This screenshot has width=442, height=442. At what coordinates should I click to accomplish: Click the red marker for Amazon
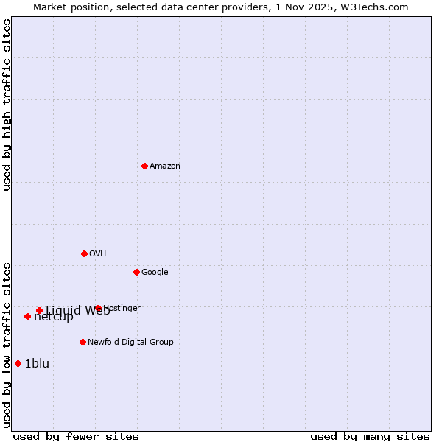click(x=144, y=166)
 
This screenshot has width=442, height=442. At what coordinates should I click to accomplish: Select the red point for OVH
click(x=84, y=253)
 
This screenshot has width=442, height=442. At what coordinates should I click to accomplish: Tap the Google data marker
click(x=136, y=272)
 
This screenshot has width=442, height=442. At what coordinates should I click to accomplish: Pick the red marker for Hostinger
click(x=98, y=308)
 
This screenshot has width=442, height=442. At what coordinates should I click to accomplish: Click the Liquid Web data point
click(x=39, y=310)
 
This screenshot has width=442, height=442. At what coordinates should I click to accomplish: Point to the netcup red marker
click(x=27, y=316)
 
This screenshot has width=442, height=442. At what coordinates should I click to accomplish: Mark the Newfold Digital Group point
click(x=83, y=342)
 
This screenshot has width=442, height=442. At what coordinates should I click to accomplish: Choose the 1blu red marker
click(x=18, y=363)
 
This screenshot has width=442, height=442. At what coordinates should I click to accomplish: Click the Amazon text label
click(x=165, y=166)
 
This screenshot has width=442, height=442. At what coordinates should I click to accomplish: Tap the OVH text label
click(x=98, y=254)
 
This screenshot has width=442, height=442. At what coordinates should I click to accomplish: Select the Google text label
click(x=155, y=273)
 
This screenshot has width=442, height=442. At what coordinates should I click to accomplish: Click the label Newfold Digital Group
click(x=130, y=343)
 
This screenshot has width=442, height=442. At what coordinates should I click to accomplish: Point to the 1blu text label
click(x=37, y=363)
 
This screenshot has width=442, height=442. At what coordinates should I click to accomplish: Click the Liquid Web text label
click(x=77, y=310)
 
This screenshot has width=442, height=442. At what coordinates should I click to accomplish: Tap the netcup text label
click(x=54, y=317)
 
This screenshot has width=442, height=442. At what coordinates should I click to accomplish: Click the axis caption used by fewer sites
click(x=76, y=436)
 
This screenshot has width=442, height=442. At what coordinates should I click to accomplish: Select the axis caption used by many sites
click(x=370, y=436)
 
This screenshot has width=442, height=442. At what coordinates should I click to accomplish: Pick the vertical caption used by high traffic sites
click(x=7, y=105)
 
